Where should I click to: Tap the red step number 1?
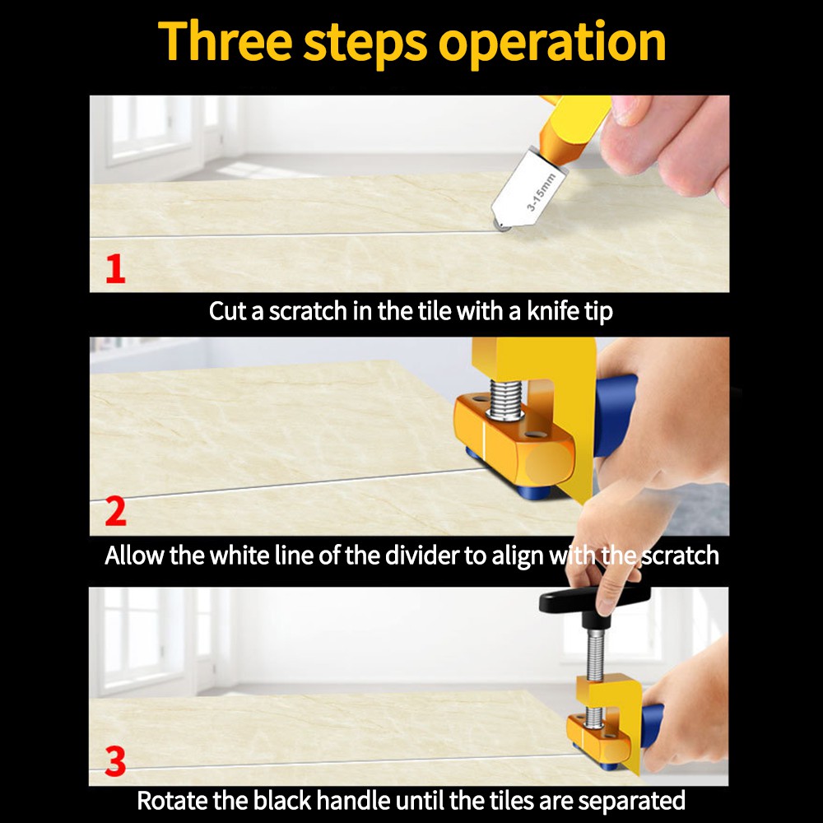(x=115, y=269)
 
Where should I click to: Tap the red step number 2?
(x=115, y=512)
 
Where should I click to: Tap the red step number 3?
(x=115, y=762)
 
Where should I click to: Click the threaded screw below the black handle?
(x=594, y=658)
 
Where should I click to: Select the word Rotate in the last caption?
(x=173, y=799)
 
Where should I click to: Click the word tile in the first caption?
(x=435, y=312)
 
